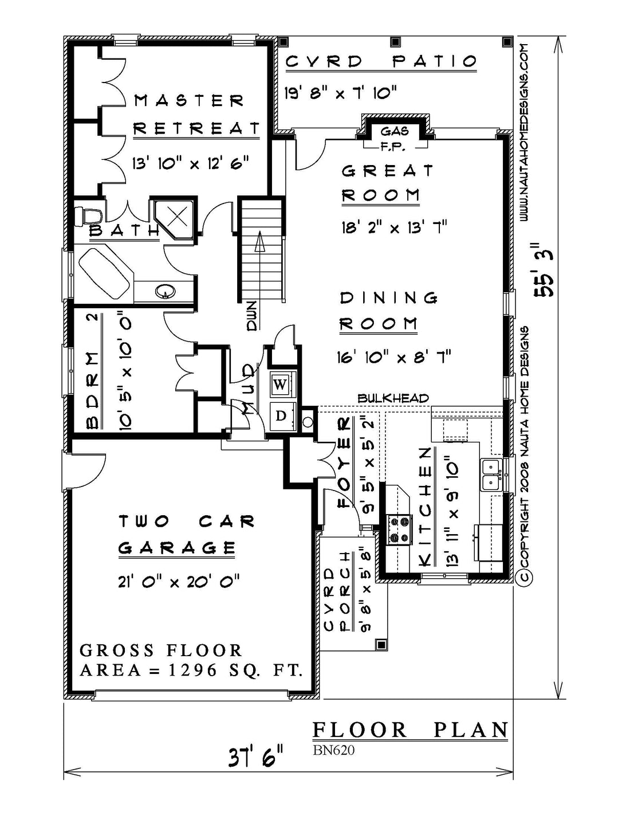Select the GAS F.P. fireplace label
click(394, 139)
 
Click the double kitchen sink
click(492, 474)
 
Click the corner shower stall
click(175, 218)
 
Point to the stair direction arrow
click(259, 242)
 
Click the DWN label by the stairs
click(252, 316)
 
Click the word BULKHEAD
click(393, 398)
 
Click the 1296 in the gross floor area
click(192, 670)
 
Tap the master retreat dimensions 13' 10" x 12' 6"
click(190, 163)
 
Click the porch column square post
click(381, 645)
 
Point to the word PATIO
click(435, 61)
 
